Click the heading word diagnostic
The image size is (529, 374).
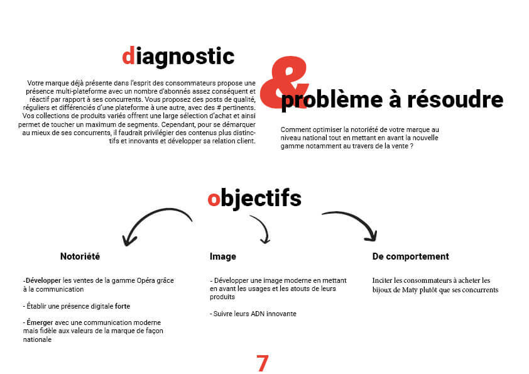coord(178,57)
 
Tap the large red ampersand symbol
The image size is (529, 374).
coord(284,83)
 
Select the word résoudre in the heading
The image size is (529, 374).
coord(455,99)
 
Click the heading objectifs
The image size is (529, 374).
coord(254,199)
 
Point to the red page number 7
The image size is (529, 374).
coord(262,363)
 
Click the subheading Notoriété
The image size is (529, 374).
coord(80,256)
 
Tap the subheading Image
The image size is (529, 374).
coord(222,256)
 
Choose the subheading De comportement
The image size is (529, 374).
coord(411,256)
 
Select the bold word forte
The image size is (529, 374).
coord(123,306)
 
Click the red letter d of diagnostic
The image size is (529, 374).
coord(128,56)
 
